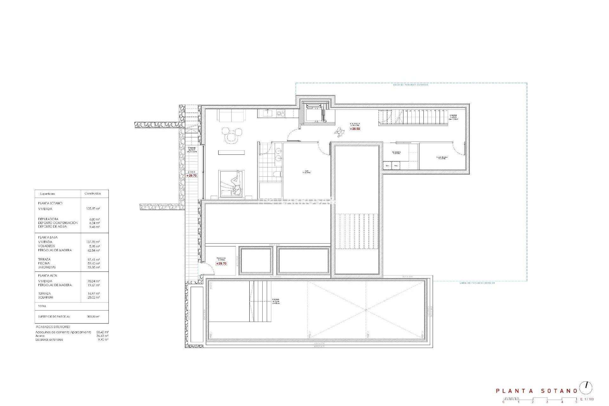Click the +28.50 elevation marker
point(355,129)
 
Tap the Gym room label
point(306,172)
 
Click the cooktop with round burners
point(281,113)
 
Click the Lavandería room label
point(396,152)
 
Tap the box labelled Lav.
point(387,166)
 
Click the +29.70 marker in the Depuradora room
point(221,264)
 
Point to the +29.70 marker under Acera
point(192,175)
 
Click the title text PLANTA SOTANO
point(537,391)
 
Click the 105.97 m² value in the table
point(93,209)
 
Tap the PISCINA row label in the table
point(44,263)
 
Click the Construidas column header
point(93,193)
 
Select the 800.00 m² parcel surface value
point(93,317)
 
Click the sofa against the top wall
point(231,115)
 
